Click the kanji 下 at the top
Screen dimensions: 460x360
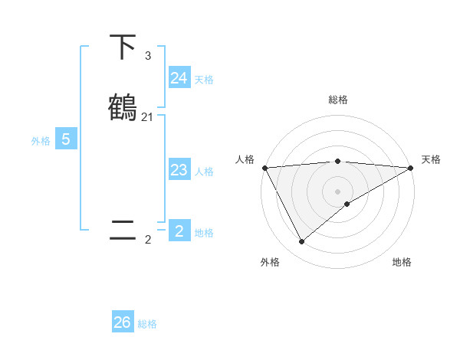click(123, 47)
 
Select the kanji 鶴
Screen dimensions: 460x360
click(123, 106)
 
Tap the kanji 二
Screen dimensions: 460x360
click(123, 230)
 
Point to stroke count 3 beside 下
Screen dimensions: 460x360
click(147, 56)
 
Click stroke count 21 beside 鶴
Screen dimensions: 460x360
click(147, 117)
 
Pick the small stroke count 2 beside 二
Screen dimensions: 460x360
click(147, 240)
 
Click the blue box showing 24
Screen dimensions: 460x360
click(179, 77)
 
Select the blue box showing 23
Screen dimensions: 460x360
click(179, 170)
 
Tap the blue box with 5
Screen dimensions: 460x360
click(66, 139)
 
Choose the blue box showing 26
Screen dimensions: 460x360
click(123, 322)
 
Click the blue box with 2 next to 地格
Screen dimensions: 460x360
click(179, 231)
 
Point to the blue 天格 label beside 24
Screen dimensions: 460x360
click(204, 79)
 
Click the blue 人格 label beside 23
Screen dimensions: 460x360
click(204, 172)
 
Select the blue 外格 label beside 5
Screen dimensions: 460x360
click(41, 141)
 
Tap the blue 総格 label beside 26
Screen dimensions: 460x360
click(147, 324)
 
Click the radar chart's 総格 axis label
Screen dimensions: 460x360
click(337, 100)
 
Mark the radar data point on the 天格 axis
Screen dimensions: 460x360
click(411, 168)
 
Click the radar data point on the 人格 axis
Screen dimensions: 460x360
click(264, 168)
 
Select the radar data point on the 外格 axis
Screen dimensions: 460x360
click(301, 242)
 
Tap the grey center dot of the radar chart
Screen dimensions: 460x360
click(337, 191)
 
